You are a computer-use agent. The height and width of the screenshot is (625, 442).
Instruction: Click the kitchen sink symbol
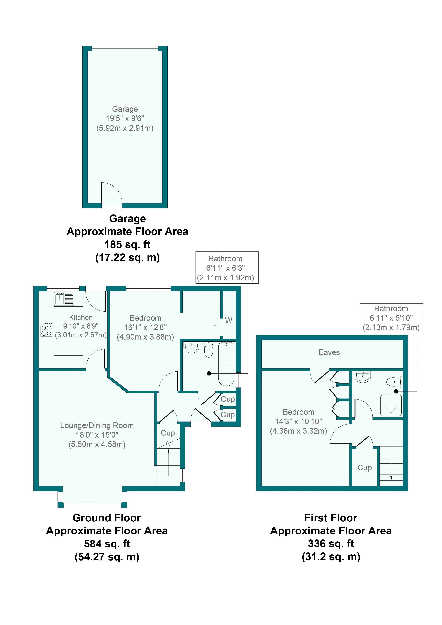point(64,299)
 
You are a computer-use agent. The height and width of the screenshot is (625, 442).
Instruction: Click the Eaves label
point(329,353)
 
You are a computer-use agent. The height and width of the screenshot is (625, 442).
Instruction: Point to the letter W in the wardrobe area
point(229,321)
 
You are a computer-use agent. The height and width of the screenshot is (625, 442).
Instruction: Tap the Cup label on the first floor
point(365,468)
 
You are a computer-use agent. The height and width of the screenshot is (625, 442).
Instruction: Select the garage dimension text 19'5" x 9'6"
point(125,118)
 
